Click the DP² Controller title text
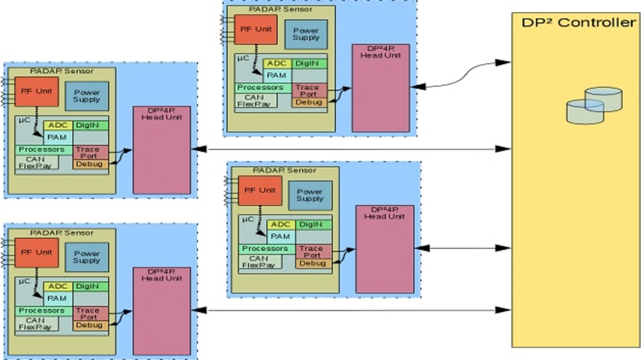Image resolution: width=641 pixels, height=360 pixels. [578, 23]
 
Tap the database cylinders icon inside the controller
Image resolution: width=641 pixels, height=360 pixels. [594, 106]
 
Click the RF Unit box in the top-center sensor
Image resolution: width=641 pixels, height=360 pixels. [255, 30]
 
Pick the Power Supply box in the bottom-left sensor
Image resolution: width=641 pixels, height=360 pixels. [87, 257]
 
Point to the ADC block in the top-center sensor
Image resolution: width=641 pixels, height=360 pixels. [276, 64]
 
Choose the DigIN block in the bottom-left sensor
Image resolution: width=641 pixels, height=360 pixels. [91, 286]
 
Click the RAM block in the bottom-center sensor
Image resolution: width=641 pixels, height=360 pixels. [280, 236]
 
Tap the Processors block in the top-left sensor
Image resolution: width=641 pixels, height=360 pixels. [41, 150]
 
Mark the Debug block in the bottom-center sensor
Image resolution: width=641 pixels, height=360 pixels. [313, 263]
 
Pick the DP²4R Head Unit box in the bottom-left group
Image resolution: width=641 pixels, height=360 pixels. [161, 311]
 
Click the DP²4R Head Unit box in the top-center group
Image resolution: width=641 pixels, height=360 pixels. [381, 88]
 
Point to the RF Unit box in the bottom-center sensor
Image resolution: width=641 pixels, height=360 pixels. [259, 190]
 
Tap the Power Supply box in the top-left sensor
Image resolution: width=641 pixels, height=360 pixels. [87, 96]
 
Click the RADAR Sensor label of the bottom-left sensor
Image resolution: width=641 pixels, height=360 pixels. [62, 233]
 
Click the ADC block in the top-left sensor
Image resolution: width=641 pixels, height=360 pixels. [58, 125]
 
